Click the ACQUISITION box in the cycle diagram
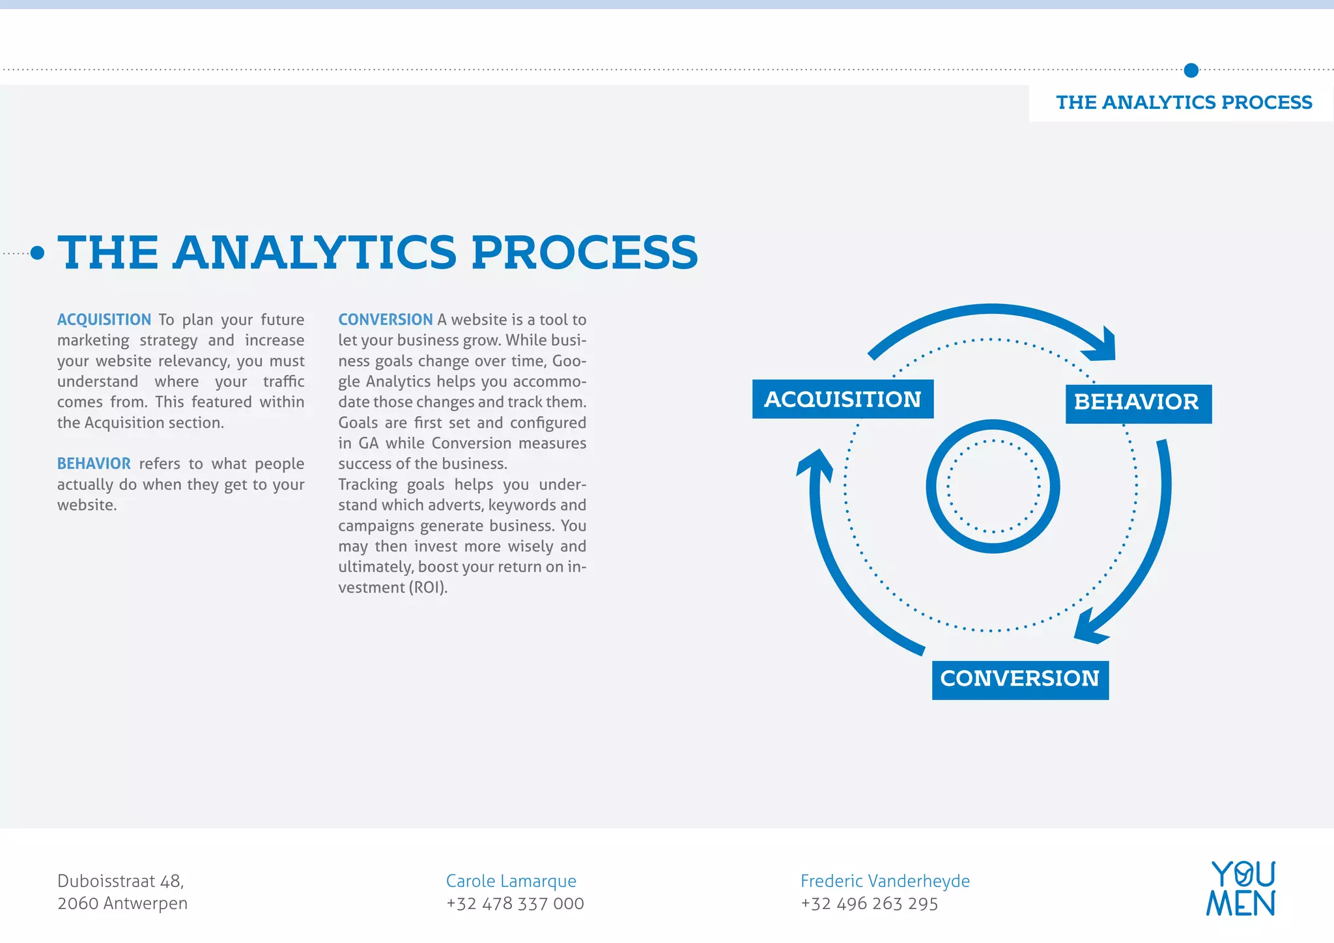point(842,399)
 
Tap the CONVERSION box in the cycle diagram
point(1019,680)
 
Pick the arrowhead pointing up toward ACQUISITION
point(816,464)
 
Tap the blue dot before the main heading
point(38,253)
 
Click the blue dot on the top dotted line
point(1191,70)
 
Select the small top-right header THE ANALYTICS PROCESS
point(1184,103)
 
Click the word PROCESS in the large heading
point(584,253)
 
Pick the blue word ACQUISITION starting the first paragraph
point(104,320)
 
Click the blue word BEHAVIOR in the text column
point(94,464)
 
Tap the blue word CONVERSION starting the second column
point(385,320)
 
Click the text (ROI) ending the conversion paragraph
point(427,587)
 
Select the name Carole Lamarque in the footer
point(511,881)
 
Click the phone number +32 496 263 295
point(869,904)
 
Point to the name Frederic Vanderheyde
point(885,881)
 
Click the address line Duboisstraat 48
point(121,881)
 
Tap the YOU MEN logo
point(1241,888)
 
